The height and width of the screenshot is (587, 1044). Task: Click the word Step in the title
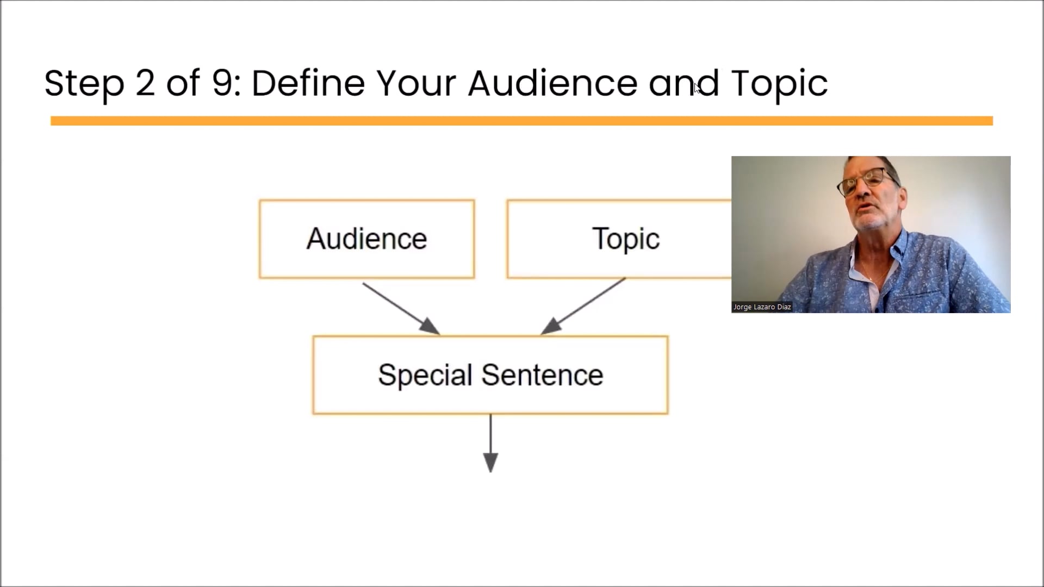tap(84, 84)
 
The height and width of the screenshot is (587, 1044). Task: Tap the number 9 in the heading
tap(222, 83)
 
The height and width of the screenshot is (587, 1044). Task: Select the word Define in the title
tap(308, 83)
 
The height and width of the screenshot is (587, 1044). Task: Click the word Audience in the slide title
tap(552, 83)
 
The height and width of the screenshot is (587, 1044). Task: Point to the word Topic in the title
tap(779, 84)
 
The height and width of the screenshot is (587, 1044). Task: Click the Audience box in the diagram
tap(366, 239)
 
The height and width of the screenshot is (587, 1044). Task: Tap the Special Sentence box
tap(490, 375)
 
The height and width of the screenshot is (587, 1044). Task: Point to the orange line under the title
tap(521, 121)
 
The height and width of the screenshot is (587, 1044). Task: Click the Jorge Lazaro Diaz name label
tap(762, 307)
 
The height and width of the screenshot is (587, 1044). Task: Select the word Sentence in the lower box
tap(542, 375)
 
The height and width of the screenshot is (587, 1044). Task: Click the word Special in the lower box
tap(425, 375)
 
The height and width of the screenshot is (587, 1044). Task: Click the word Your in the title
tap(416, 83)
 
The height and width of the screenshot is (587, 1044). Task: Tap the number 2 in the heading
tap(145, 83)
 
